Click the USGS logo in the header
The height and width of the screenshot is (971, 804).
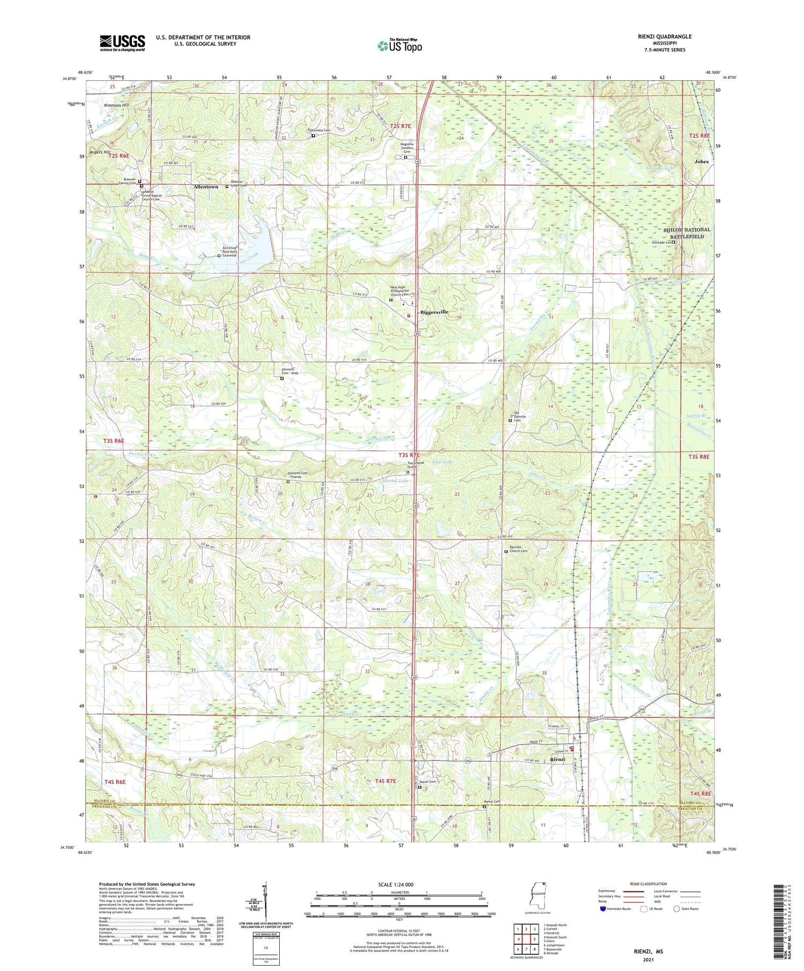pyautogui.click(x=122, y=43)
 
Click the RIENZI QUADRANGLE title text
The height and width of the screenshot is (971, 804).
pyautogui.click(x=665, y=36)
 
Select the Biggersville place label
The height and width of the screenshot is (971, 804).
pyautogui.click(x=434, y=312)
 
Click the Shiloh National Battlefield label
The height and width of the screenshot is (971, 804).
pyautogui.click(x=687, y=233)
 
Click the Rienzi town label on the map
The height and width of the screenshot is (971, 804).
pyautogui.click(x=558, y=759)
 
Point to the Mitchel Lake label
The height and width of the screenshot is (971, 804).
pyautogui.click(x=396, y=480)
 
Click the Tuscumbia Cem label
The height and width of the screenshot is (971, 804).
pyautogui.click(x=318, y=131)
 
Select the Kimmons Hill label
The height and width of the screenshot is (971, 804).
pyautogui.click(x=117, y=105)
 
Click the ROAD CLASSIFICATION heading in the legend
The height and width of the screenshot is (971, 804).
pyautogui.click(x=649, y=884)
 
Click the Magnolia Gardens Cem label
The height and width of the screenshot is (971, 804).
pyautogui.click(x=406, y=148)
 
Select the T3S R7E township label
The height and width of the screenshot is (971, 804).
pyautogui.click(x=411, y=455)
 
